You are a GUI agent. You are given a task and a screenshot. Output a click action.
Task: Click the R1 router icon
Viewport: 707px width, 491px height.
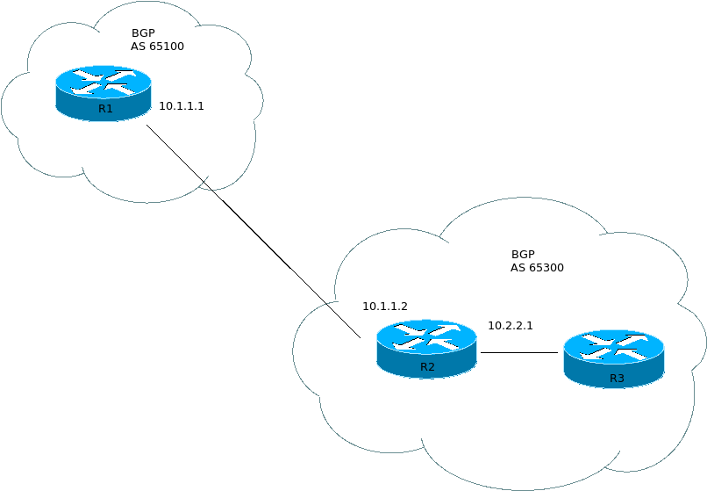pyautogui.click(x=104, y=93)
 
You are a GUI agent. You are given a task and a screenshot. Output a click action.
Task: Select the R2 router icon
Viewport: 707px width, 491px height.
pyautogui.click(x=426, y=349)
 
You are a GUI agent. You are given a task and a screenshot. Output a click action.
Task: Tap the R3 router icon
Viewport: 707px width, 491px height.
pyautogui.click(x=614, y=359)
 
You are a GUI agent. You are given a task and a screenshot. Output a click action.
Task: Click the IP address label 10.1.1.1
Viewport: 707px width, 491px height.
pyautogui.click(x=181, y=105)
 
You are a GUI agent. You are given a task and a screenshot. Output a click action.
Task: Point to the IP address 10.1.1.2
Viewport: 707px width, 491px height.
pyautogui.click(x=385, y=307)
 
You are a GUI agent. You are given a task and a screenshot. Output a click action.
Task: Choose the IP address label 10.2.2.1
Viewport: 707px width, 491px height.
pyautogui.click(x=511, y=326)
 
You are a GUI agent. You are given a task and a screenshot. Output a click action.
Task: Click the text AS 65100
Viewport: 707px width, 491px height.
pyautogui.click(x=158, y=47)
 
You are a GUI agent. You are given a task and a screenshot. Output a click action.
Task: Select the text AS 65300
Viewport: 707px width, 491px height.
pyautogui.click(x=537, y=268)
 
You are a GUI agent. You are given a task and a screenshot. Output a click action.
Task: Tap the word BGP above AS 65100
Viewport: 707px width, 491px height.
pyautogui.click(x=144, y=32)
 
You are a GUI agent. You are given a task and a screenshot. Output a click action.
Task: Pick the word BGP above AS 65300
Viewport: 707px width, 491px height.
pyautogui.click(x=524, y=253)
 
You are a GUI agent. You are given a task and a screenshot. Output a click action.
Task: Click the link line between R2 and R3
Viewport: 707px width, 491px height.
pyautogui.click(x=519, y=352)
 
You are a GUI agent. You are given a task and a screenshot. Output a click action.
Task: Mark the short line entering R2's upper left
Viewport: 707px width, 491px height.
pyautogui.click(x=344, y=321)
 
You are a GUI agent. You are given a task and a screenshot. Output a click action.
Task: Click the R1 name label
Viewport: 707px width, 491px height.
pyautogui.click(x=105, y=109)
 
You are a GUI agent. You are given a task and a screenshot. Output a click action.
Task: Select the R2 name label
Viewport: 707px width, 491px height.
pyautogui.click(x=427, y=367)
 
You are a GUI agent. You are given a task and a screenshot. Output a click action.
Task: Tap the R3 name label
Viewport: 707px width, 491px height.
pyautogui.click(x=617, y=379)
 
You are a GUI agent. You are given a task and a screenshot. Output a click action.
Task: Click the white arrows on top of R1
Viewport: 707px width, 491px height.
pyautogui.click(x=104, y=82)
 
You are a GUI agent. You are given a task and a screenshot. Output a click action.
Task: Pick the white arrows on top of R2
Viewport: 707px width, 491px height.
pyautogui.click(x=426, y=336)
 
